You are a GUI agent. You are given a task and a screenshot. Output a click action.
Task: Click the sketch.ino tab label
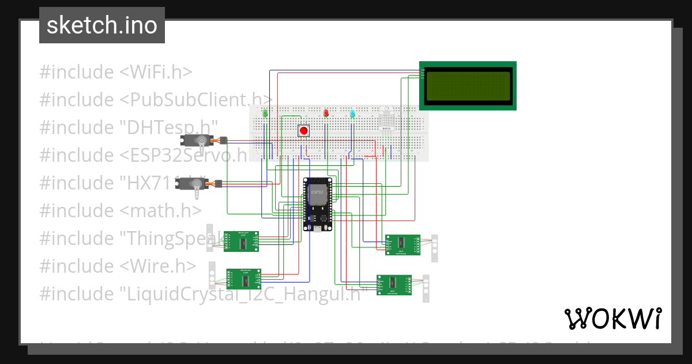point(102,25)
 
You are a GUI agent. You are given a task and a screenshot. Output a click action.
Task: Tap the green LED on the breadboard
point(265,113)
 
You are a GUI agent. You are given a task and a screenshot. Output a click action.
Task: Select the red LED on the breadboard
point(326,113)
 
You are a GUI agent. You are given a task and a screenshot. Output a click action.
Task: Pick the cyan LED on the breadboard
point(352,113)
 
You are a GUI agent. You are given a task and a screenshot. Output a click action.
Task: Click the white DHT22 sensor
point(386,118)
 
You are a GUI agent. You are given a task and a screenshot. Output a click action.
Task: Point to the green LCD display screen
point(468,86)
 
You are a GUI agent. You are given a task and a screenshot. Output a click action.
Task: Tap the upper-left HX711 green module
point(241,242)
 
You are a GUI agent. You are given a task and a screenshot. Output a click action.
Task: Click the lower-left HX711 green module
point(245,279)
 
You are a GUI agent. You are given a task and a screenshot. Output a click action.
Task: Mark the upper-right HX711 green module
point(403,244)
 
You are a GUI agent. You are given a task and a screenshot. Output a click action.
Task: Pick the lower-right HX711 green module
point(394,285)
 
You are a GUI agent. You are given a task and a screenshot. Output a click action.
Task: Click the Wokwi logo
point(612,318)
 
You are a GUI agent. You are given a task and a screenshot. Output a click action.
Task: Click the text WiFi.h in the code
point(156,72)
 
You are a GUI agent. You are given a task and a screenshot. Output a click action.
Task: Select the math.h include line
point(121,210)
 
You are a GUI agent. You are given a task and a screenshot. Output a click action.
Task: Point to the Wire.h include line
point(118,266)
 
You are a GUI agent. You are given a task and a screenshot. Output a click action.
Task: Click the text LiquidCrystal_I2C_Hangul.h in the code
point(242,294)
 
